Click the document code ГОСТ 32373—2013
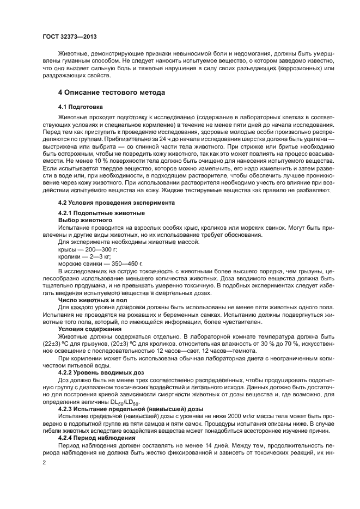69,38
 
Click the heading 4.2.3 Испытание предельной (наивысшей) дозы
130,408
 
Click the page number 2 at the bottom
45,462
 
